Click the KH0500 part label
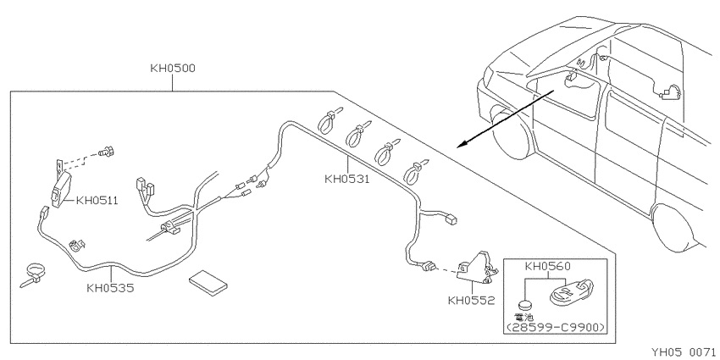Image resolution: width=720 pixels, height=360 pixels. [x=173, y=69]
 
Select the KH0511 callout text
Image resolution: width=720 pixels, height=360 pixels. [x=97, y=201]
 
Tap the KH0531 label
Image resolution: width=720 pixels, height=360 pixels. [x=347, y=179]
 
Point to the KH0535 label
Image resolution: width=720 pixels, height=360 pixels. [x=110, y=288]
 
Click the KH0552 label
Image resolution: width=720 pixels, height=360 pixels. [x=472, y=301]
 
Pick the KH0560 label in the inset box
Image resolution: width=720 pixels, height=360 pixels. [x=548, y=267]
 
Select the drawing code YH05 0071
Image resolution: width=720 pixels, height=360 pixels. [x=684, y=352]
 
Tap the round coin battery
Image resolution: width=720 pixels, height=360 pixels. [x=525, y=305]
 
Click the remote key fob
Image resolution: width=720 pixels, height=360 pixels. [x=571, y=292]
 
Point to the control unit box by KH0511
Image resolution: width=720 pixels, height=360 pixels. [x=62, y=190]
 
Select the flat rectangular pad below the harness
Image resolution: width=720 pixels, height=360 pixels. [x=208, y=282]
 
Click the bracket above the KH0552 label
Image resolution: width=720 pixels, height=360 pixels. [x=478, y=268]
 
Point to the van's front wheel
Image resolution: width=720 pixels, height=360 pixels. [x=511, y=130]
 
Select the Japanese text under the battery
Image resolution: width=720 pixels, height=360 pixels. [x=524, y=317]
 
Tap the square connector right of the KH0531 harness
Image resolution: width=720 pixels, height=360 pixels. [x=451, y=220]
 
